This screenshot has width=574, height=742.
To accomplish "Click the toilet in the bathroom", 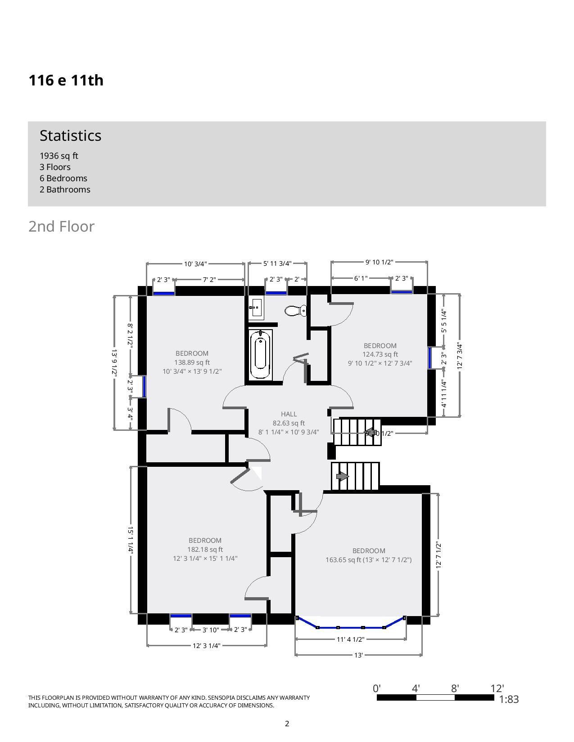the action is pos(295,311).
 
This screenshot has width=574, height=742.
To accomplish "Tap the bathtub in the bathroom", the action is pos(261,354).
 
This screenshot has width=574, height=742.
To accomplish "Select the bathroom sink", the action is pos(256,307).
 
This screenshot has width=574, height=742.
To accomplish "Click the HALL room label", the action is pos(289,414).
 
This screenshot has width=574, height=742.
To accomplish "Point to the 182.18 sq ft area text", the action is pos(205,550).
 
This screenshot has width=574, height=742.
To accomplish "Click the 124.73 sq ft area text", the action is pos(380,354).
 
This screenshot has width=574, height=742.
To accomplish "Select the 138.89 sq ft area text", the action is pos(192,362).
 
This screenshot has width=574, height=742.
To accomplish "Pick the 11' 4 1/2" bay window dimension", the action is pos(350,639).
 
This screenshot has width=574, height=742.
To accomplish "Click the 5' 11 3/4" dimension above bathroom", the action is pos(277,263).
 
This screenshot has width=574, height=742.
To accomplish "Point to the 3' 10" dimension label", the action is pos(210,630).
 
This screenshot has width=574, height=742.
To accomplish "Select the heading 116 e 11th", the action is pos(66,80).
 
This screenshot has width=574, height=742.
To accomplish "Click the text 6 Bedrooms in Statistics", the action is pos(63,178).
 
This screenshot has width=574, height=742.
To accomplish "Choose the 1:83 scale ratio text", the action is pos(509,699).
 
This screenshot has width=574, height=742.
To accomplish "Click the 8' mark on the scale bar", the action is pos(455,688).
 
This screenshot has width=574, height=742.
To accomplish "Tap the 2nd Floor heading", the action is pos(61,226).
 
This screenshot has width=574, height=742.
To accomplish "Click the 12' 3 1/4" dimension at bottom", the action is pos(207,646).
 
